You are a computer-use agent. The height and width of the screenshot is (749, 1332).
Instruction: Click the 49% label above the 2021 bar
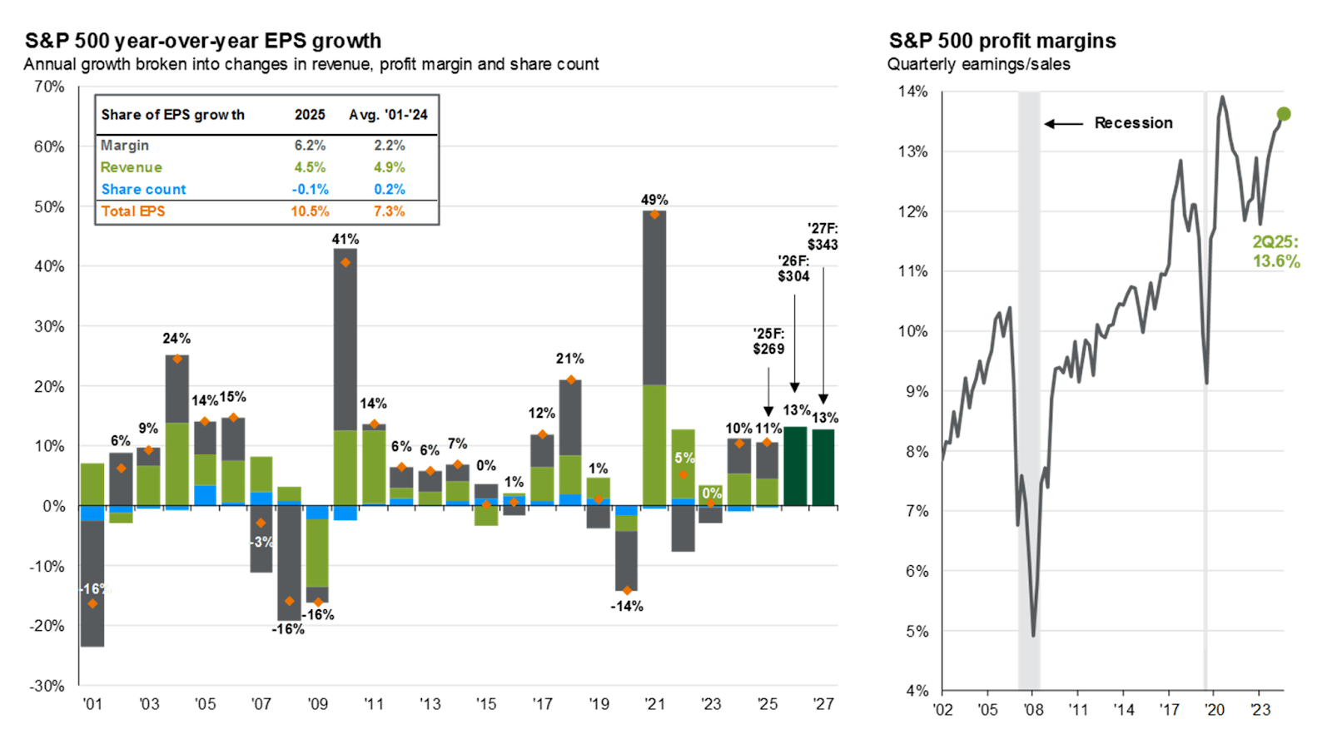pos(654,200)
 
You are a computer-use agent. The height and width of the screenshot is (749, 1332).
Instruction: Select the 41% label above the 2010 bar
pos(345,239)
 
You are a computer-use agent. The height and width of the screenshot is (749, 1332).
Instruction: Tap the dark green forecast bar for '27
pos(823,467)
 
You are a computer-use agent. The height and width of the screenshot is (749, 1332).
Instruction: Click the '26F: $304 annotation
pos(793,269)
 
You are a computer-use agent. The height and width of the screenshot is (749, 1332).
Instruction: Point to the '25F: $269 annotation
pos(768,341)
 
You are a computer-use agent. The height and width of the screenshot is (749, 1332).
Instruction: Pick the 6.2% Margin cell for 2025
pos(310,145)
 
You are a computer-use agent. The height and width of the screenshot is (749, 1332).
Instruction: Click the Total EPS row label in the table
pos(133,211)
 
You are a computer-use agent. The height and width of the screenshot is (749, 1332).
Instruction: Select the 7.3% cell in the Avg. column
pos(389,211)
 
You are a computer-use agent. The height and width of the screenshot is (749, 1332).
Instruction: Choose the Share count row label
pos(143,190)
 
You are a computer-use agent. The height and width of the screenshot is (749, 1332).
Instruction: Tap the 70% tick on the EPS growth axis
pos(49,87)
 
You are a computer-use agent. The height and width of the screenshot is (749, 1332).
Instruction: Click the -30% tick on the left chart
pos(47,686)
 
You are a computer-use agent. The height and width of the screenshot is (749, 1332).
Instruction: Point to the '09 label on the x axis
pos(317,704)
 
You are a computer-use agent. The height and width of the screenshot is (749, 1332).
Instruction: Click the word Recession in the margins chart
pos(1133,123)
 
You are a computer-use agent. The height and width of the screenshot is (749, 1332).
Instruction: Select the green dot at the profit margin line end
pos(1283,114)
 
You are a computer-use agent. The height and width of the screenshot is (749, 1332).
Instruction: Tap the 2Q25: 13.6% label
pos(1275,251)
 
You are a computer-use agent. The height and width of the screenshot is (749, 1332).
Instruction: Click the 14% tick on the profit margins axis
pos(913,92)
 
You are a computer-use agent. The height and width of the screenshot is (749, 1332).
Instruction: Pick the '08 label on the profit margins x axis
pos(1033,709)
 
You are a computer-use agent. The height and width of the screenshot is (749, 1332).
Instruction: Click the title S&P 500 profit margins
pos(1002,41)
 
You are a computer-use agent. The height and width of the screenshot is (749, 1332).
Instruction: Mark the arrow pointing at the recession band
pos(1063,124)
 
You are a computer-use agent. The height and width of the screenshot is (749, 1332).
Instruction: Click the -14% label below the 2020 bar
pos(626,606)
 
